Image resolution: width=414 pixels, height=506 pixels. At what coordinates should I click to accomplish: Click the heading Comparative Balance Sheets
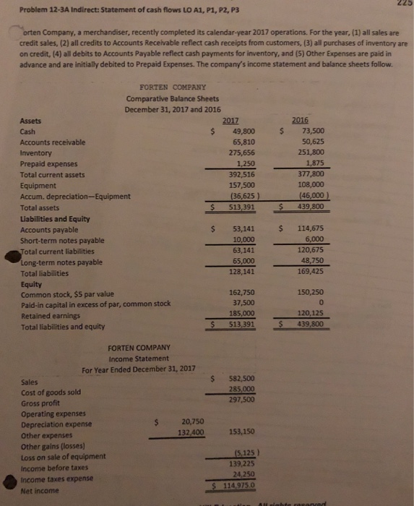pos(173,99)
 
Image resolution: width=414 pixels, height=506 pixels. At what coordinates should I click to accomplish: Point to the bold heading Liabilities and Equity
pos(58,218)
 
